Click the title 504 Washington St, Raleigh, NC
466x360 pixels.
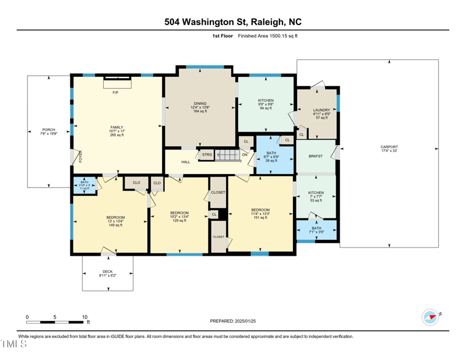233,22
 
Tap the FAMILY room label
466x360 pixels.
117,127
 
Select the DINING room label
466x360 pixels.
200,104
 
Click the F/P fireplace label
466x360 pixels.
115,93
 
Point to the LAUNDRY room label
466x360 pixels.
322,110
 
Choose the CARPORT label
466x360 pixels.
389,147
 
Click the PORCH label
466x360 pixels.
48,130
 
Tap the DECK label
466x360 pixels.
107,271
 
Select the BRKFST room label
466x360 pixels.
316,156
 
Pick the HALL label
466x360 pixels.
186,162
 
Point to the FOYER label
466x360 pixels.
81,156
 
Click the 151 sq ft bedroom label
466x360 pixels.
260,210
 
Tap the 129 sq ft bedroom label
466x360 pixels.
179,213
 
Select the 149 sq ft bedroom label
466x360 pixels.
115,217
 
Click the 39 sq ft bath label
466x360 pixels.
271,153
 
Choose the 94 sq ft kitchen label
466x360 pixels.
266,101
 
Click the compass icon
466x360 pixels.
430,317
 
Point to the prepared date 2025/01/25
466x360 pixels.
233,321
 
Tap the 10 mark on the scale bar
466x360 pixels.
84,317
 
